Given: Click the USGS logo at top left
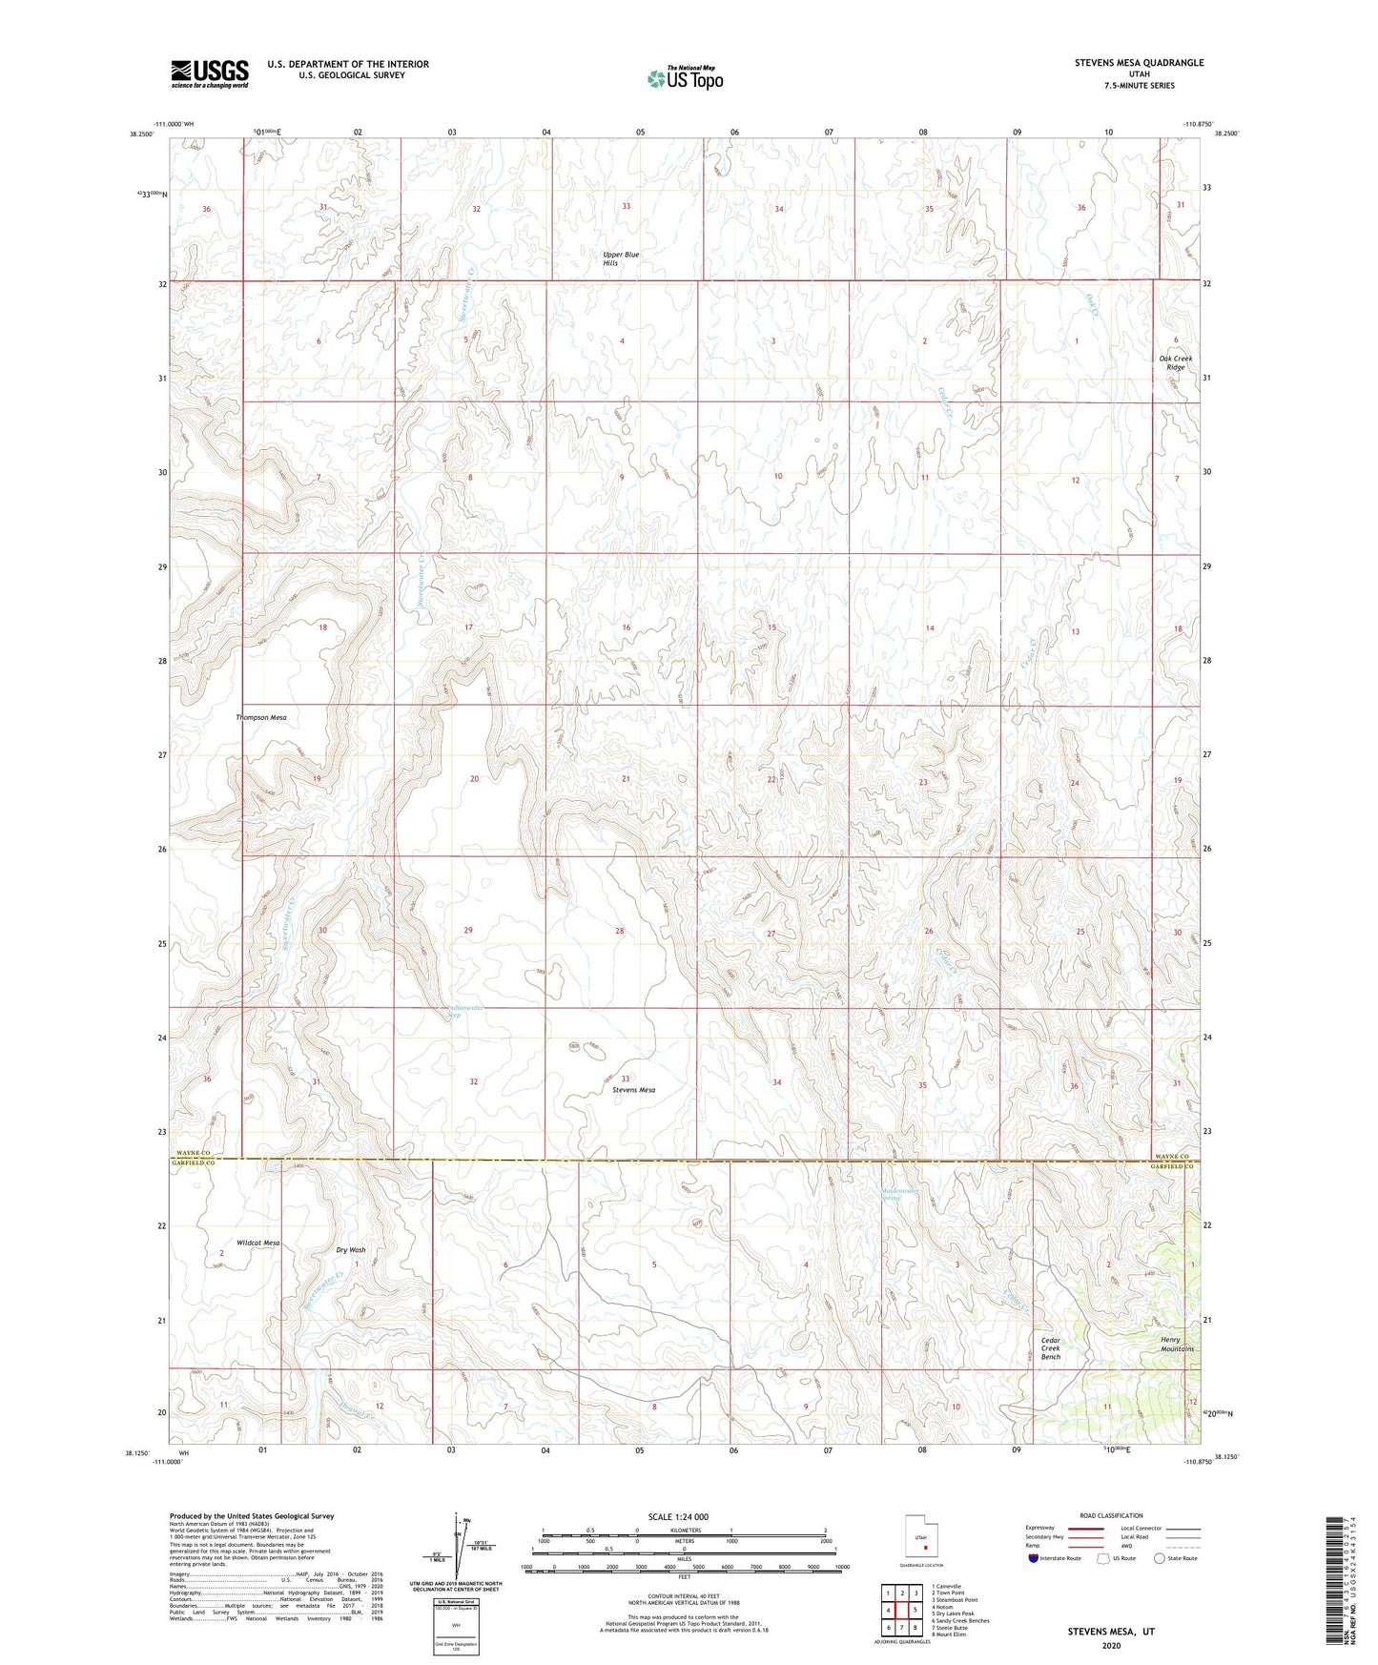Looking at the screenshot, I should pos(210,73).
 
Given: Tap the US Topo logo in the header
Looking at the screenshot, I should pos(684,78).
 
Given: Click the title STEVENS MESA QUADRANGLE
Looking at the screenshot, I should pos(1139,63).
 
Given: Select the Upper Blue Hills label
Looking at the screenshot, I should pos(621,258).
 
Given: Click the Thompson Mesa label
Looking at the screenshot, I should pos(261,717).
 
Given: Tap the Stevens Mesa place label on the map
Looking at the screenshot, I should pos(634,1090).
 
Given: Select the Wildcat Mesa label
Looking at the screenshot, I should pos(258,1244).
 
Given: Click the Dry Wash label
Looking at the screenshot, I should pos(351,1250).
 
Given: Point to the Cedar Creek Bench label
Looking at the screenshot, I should pos(1050,1348).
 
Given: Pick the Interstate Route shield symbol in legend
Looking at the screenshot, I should pos(1035,1558).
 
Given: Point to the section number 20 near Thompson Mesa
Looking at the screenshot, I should pos(474,779).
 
